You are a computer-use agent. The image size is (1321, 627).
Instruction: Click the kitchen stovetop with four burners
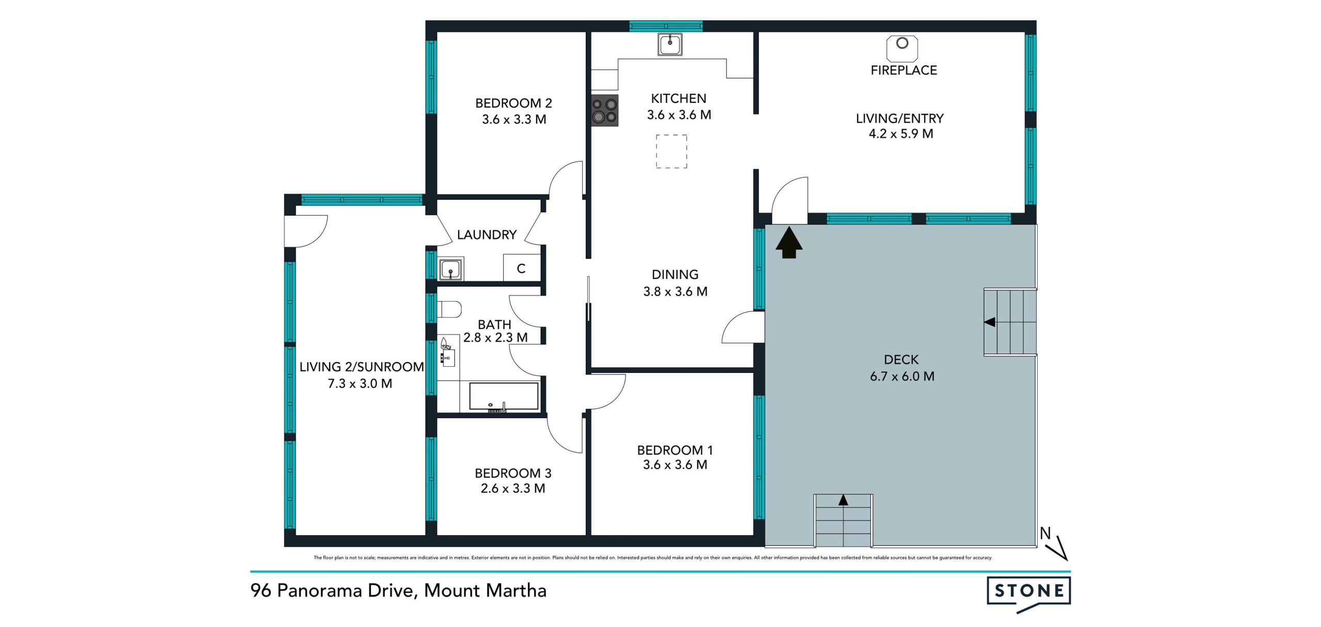point(604,111)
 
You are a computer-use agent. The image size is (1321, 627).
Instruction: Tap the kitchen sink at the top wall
point(670,44)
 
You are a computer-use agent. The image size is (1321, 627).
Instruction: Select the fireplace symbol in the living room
point(902,49)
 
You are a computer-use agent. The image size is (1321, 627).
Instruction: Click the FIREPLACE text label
point(904,70)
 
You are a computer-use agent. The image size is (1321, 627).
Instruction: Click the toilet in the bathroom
point(449,309)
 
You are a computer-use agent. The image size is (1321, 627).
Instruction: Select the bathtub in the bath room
point(504,397)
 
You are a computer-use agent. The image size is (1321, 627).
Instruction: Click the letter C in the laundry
point(521,269)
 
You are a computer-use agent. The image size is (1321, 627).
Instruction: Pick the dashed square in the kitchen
point(671,151)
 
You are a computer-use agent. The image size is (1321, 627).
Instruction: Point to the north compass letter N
point(1045,533)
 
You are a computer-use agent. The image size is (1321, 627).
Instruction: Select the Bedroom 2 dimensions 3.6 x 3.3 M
point(514,119)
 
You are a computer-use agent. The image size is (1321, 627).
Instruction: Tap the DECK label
point(901,359)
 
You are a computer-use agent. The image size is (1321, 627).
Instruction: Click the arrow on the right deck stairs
point(989,322)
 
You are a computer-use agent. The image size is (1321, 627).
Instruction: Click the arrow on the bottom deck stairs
point(843,499)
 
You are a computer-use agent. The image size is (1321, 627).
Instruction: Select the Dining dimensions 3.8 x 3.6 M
point(675,292)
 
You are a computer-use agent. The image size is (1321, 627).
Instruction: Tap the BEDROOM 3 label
point(513,473)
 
